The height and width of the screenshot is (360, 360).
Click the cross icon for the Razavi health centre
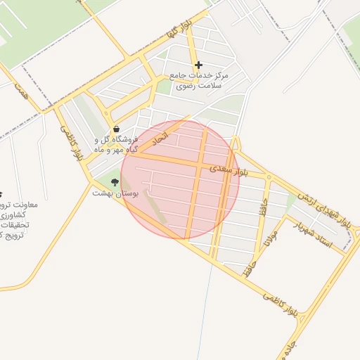coord(199,65)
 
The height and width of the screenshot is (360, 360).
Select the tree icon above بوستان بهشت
coord(115,182)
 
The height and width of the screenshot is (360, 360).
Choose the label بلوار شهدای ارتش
coord(325,207)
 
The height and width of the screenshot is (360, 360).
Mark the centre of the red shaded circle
coord(180,179)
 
